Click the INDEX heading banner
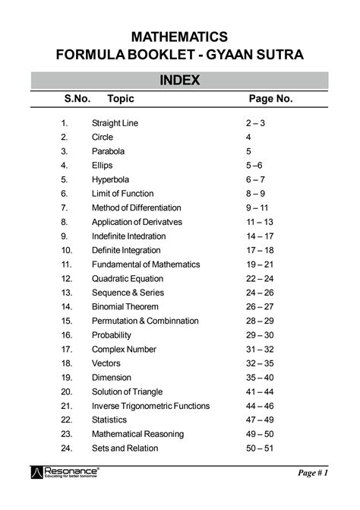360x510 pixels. click(179, 81)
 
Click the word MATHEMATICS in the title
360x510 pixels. click(179, 36)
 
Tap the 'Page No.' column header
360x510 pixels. click(270, 100)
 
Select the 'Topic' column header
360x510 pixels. click(121, 100)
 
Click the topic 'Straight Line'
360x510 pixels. click(115, 123)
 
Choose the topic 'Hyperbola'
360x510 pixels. click(110, 179)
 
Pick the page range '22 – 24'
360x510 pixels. click(259, 278)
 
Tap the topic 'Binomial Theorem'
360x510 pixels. click(125, 306)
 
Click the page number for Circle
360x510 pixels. click(248, 137)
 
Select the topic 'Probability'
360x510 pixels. click(112, 335)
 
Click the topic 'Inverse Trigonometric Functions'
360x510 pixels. click(150, 406)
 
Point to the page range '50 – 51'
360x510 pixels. click(259, 448)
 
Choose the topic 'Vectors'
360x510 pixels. click(106, 363)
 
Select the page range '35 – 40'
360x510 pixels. click(259, 377)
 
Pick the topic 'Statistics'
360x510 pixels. click(109, 420)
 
